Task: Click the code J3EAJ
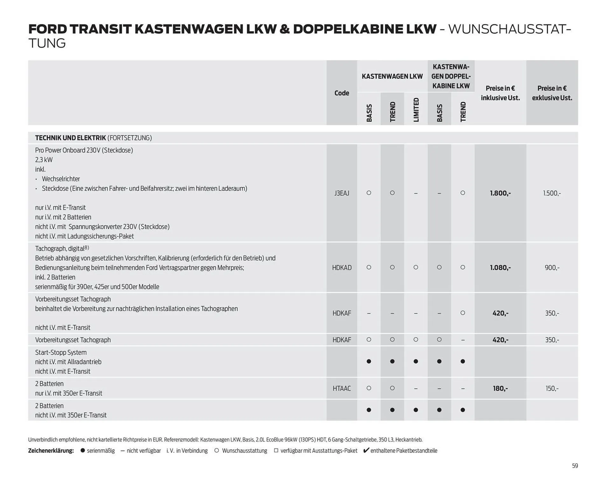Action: [x=341, y=193]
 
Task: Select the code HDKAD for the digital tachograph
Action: [x=341, y=268]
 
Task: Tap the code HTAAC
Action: [x=341, y=388]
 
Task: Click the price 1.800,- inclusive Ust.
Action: [x=500, y=193]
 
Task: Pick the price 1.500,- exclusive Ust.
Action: [x=552, y=193]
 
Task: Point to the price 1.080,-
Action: [x=500, y=268]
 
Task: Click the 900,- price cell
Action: [x=552, y=268]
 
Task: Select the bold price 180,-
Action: [x=500, y=388]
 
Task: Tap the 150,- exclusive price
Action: [x=552, y=388]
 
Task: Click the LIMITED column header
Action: [x=416, y=110]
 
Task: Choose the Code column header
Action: [x=341, y=93]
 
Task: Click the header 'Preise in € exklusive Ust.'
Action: [x=552, y=93]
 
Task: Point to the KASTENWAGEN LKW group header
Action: [x=392, y=76]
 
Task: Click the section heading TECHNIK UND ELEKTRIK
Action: [x=70, y=138]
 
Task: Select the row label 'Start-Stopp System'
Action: [x=61, y=352]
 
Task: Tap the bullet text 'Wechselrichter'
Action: [x=61, y=179]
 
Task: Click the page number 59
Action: [x=575, y=466]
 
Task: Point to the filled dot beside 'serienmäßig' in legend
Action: [x=83, y=450]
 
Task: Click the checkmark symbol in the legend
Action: [x=366, y=450]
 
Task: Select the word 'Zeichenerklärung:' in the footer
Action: [x=51, y=450]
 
